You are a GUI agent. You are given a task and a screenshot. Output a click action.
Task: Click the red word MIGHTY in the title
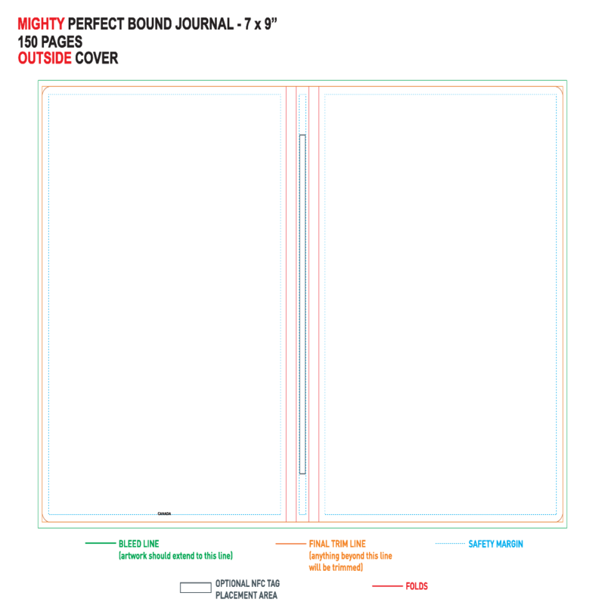tap(41, 24)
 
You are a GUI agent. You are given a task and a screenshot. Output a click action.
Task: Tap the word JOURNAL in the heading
tap(204, 24)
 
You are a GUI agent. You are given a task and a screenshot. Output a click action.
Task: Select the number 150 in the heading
tap(28, 42)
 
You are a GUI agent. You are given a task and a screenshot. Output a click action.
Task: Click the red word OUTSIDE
tap(45, 58)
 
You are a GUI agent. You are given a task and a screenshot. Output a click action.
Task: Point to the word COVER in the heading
tap(97, 58)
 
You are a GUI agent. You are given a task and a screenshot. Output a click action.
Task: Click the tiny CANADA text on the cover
tap(164, 513)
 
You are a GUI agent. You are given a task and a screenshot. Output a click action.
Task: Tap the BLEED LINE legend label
tap(139, 544)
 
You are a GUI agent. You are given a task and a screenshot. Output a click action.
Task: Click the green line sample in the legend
tap(101, 543)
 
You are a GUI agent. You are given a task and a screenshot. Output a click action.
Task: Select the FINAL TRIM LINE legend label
tap(337, 544)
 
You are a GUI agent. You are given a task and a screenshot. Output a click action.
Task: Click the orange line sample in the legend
tap(290, 544)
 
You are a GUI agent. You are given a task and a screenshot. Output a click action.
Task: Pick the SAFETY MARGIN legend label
tap(496, 544)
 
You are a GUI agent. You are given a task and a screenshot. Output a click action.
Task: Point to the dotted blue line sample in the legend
tap(450, 543)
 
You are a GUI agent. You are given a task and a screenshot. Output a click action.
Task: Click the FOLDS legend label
tap(417, 586)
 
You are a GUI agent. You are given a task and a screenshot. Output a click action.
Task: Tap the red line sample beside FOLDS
tap(387, 585)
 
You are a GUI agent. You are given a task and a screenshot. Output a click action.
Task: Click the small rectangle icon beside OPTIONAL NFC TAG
tap(196, 588)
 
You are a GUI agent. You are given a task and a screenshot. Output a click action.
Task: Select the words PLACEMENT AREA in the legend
tap(247, 595)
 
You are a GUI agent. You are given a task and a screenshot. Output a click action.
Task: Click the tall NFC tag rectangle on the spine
tap(302, 304)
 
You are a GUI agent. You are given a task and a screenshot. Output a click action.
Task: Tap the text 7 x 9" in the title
tap(261, 24)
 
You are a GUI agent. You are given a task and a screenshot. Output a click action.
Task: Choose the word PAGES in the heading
tap(61, 42)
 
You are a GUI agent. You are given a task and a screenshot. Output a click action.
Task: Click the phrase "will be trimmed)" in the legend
tap(336, 567)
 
